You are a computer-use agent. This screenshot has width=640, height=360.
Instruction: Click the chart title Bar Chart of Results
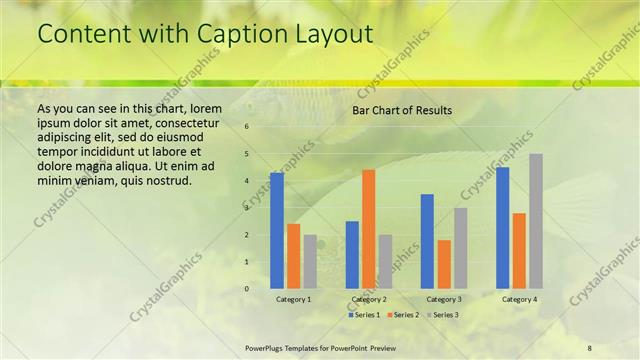(401, 110)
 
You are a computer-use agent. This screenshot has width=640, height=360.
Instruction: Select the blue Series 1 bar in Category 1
(277, 230)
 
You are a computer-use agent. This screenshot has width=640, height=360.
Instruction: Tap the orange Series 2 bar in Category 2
(369, 228)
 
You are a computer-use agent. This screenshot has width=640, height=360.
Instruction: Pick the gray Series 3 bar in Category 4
(536, 221)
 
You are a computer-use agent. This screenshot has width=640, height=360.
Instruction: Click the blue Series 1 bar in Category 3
(427, 241)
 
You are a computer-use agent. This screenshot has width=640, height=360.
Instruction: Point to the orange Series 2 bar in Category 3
(444, 264)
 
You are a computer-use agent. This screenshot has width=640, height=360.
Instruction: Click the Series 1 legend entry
(363, 315)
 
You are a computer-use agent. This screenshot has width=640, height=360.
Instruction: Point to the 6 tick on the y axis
(247, 127)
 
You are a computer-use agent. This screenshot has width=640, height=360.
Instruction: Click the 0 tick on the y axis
(247, 289)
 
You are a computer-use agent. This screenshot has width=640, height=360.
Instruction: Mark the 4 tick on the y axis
(247, 181)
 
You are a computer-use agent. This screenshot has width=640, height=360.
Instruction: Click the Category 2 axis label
(369, 299)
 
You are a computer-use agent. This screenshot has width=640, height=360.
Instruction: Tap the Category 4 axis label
(519, 299)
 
